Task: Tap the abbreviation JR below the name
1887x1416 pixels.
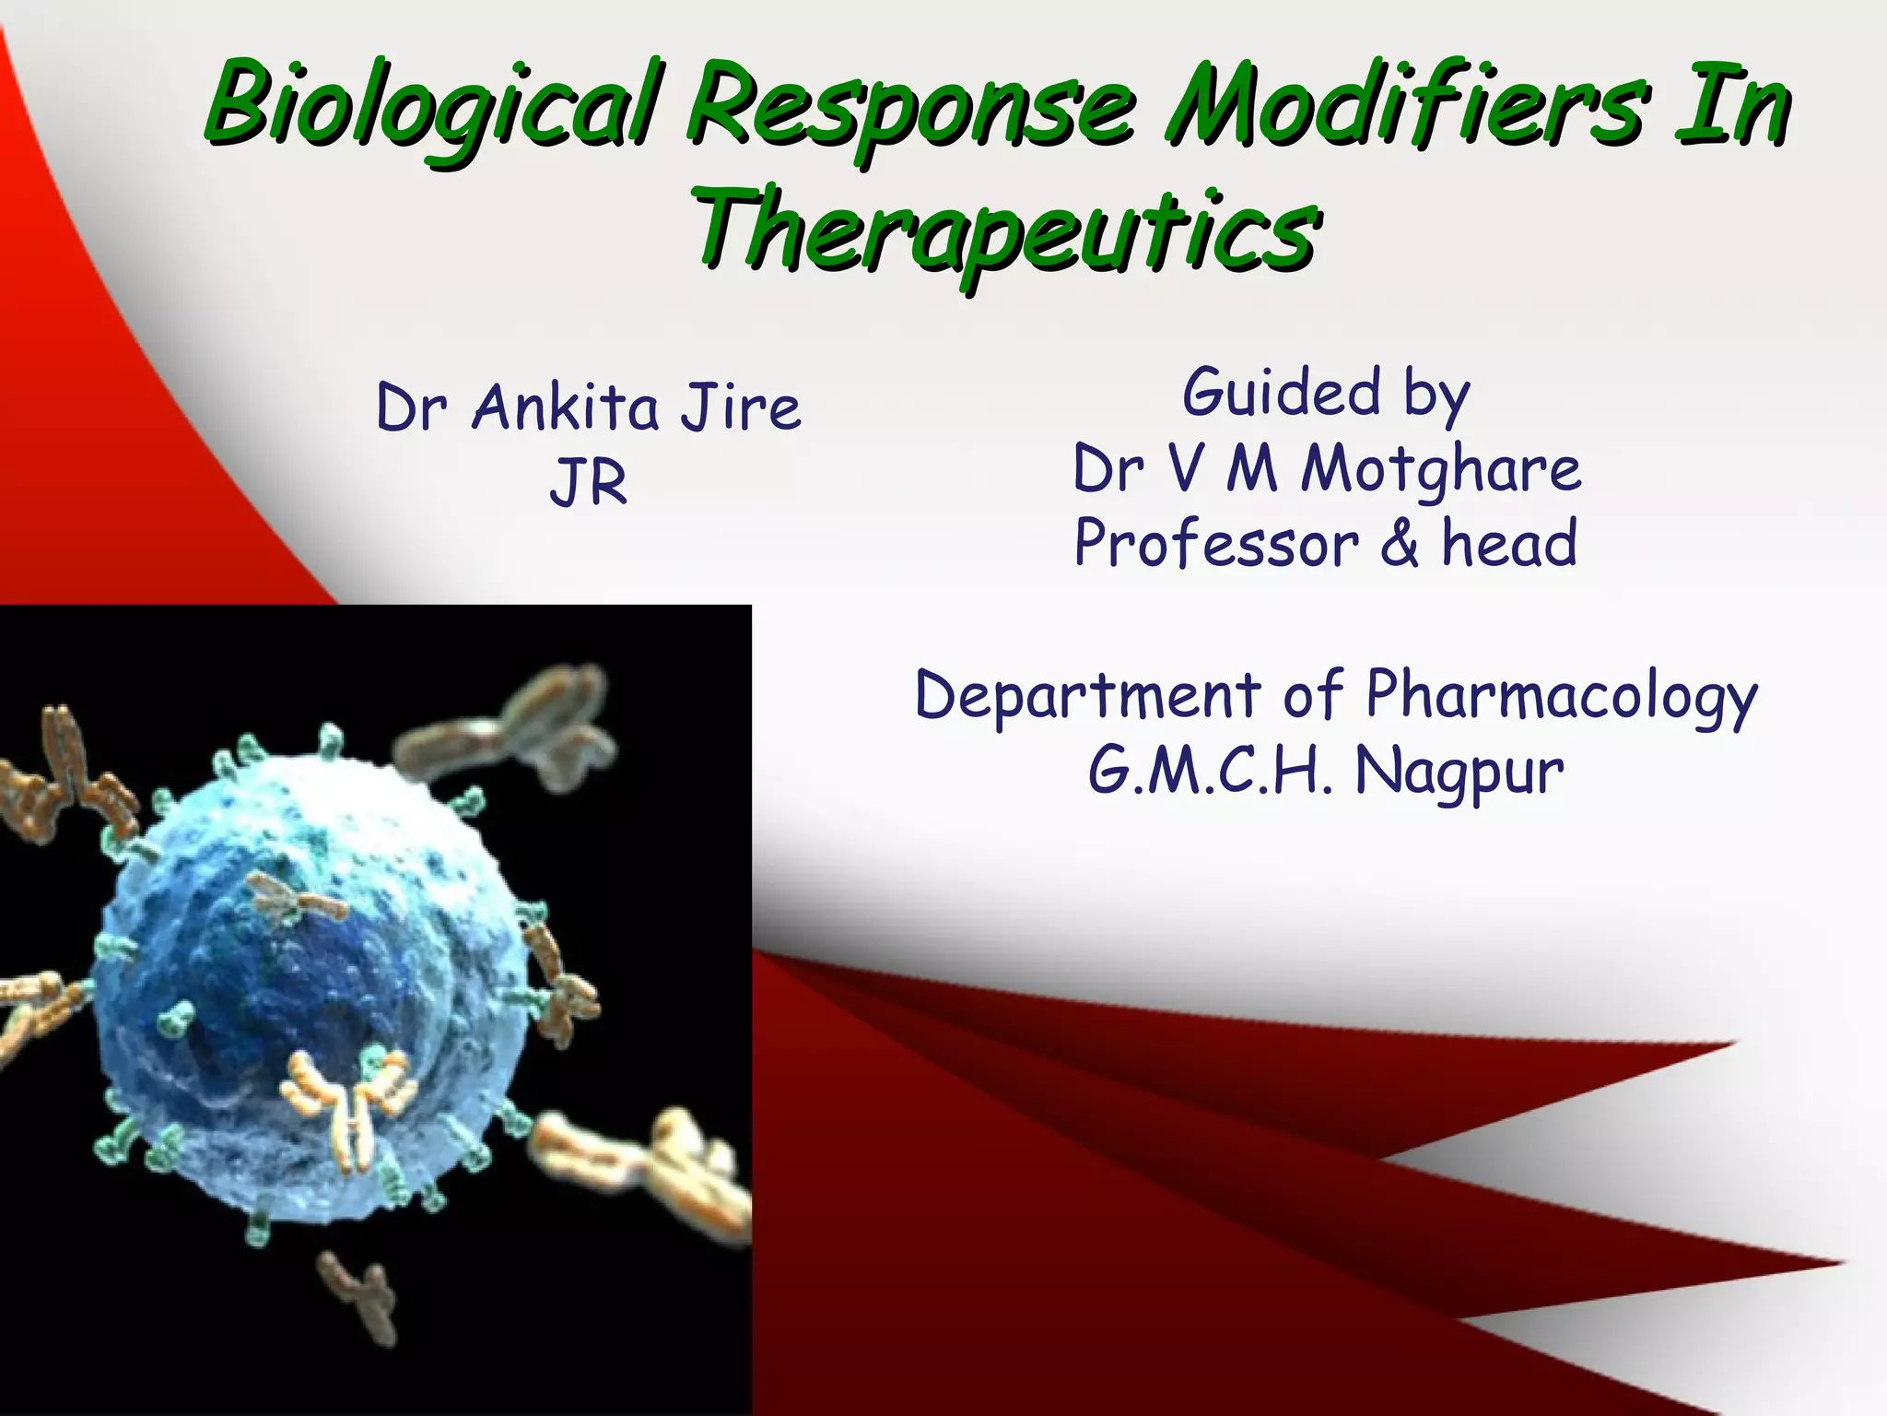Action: tap(588, 483)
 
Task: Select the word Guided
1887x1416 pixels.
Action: tap(1281, 393)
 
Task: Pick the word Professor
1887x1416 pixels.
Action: tap(1216, 544)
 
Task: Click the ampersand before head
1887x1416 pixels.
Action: tap(1400, 544)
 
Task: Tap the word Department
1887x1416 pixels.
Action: tap(1087, 695)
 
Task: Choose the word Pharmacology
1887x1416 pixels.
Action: tap(1562, 697)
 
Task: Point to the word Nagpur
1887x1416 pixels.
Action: tap(1459, 773)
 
